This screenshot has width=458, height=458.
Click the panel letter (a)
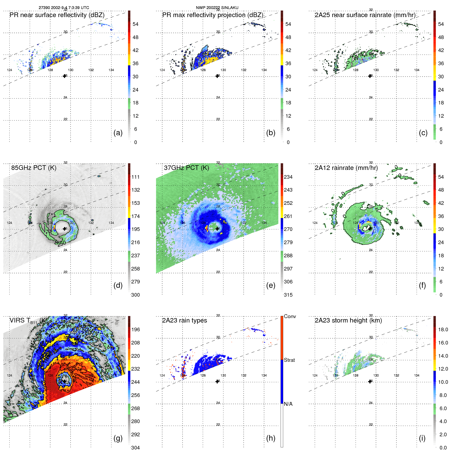(x=118, y=133)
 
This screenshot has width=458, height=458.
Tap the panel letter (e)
(x=271, y=286)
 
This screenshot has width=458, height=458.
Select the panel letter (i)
(x=422, y=438)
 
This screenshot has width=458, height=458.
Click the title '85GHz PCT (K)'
(x=34, y=168)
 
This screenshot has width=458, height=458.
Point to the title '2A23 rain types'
(x=184, y=320)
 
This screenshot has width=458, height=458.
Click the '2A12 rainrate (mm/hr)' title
(x=346, y=168)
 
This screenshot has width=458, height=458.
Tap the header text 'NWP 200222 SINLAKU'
(x=217, y=8)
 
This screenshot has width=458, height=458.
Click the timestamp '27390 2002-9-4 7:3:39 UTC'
(x=64, y=8)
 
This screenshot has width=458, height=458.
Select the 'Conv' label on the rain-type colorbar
(x=290, y=316)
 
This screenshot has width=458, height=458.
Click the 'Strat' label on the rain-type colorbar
(x=289, y=360)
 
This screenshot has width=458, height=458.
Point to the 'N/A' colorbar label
(x=288, y=404)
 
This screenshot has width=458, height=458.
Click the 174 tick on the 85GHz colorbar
(x=136, y=216)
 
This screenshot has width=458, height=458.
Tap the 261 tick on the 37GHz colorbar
(x=288, y=216)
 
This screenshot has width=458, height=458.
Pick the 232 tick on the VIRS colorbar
(x=136, y=369)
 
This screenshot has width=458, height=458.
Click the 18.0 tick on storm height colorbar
(x=443, y=329)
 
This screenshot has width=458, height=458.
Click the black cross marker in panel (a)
(x=65, y=76)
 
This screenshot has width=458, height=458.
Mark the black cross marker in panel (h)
(x=217, y=381)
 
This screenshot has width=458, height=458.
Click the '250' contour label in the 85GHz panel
(x=62, y=243)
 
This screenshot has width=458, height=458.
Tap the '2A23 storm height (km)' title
(x=348, y=320)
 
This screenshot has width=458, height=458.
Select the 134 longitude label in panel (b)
(x=264, y=70)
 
